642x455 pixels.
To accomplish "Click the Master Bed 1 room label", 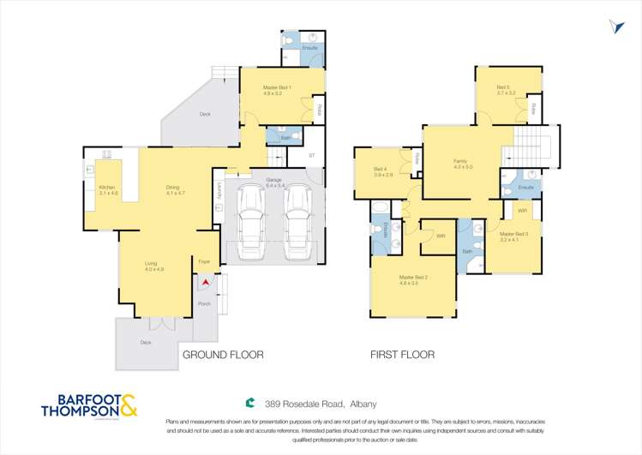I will [x=278, y=90].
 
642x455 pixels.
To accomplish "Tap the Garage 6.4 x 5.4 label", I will [x=274, y=183].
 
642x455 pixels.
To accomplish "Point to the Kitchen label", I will [x=107, y=189].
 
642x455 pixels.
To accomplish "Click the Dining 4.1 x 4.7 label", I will [x=176, y=189].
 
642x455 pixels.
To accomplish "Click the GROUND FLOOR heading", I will [x=222, y=354].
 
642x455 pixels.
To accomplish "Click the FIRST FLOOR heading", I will [x=402, y=354].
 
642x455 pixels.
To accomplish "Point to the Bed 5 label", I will [x=504, y=90].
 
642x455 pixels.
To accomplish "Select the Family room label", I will [x=463, y=164].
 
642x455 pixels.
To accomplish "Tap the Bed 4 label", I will [x=382, y=172].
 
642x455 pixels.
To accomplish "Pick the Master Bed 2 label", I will [x=413, y=280].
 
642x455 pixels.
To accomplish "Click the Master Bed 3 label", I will [x=514, y=236].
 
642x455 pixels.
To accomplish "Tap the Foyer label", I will [x=204, y=260].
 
